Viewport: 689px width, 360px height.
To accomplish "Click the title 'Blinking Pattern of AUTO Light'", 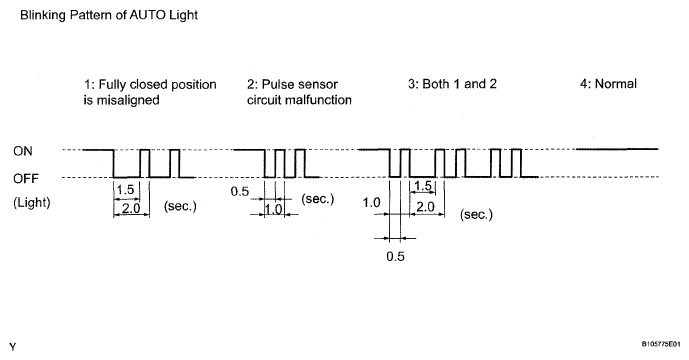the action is tap(109, 15).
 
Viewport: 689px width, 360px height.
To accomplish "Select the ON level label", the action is tap(23, 151).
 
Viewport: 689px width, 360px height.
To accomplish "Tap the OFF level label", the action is tap(26, 178).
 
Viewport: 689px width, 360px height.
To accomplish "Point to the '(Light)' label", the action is tap(32, 203).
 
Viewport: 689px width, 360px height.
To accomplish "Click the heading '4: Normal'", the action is tap(608, 84).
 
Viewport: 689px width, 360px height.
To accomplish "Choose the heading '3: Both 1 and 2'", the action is tap(452, 84).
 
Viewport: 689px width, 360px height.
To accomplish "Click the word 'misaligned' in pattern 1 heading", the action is tap(128, 100).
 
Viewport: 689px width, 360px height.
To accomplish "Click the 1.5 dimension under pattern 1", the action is tap(125, 189).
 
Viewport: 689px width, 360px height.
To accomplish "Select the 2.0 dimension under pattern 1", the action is tap(131, 208).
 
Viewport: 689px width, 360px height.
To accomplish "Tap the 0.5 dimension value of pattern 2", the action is tap(239, 192).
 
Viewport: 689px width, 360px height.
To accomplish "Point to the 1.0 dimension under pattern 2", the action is tap(274, 209).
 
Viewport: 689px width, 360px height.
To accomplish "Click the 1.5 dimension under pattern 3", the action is tap(423, 185).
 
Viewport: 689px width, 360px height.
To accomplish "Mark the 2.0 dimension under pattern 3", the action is tap(425, 207).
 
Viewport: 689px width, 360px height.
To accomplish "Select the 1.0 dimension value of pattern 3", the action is tap(371, 203).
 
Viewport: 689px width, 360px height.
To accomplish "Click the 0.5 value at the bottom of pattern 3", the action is tap(395, 256).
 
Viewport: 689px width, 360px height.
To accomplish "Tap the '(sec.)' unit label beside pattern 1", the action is tap(180, 206).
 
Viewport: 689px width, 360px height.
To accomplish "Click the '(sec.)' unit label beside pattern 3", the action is tap(476, 215).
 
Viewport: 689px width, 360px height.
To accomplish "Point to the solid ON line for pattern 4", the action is tap(617, 149).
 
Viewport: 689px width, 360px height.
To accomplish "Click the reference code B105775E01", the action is tap(661, 344).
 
